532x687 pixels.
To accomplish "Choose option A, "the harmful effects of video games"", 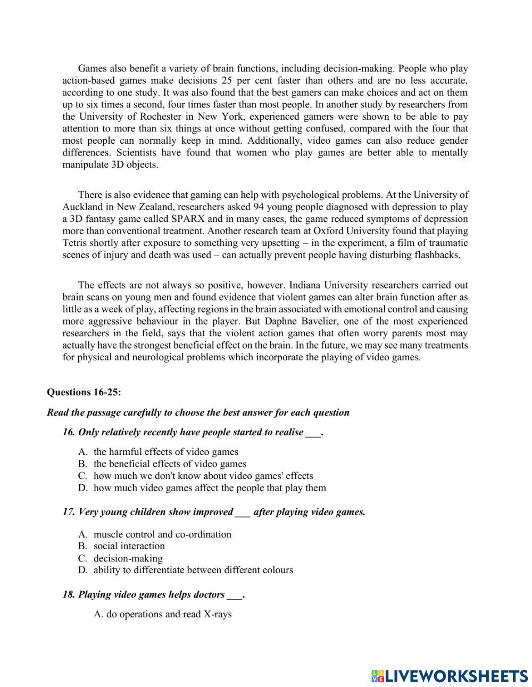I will pos(165,452).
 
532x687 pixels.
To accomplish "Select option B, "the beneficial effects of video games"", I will pos(170,463).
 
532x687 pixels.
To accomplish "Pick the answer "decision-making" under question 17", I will pos(128,558).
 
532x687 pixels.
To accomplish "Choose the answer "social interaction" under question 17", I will pos(129,546).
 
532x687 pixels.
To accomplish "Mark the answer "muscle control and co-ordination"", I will pos(162,534).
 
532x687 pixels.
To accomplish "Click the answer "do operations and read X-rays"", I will pos(163,614).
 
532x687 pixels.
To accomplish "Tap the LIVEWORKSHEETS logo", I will pos(450,675).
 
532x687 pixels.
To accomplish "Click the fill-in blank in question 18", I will pos(234,595).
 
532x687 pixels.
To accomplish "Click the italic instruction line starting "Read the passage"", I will pos(198,412).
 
